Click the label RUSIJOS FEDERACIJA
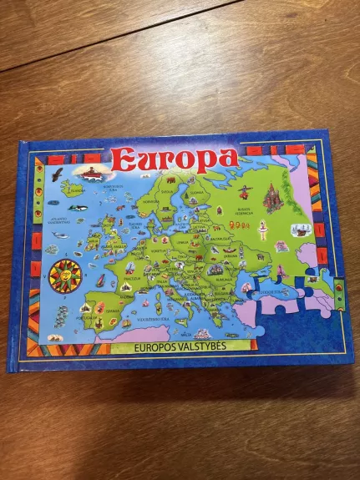[x=246, y=210]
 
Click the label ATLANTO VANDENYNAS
[x=59, y=220]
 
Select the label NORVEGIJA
[x=150, y=200]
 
